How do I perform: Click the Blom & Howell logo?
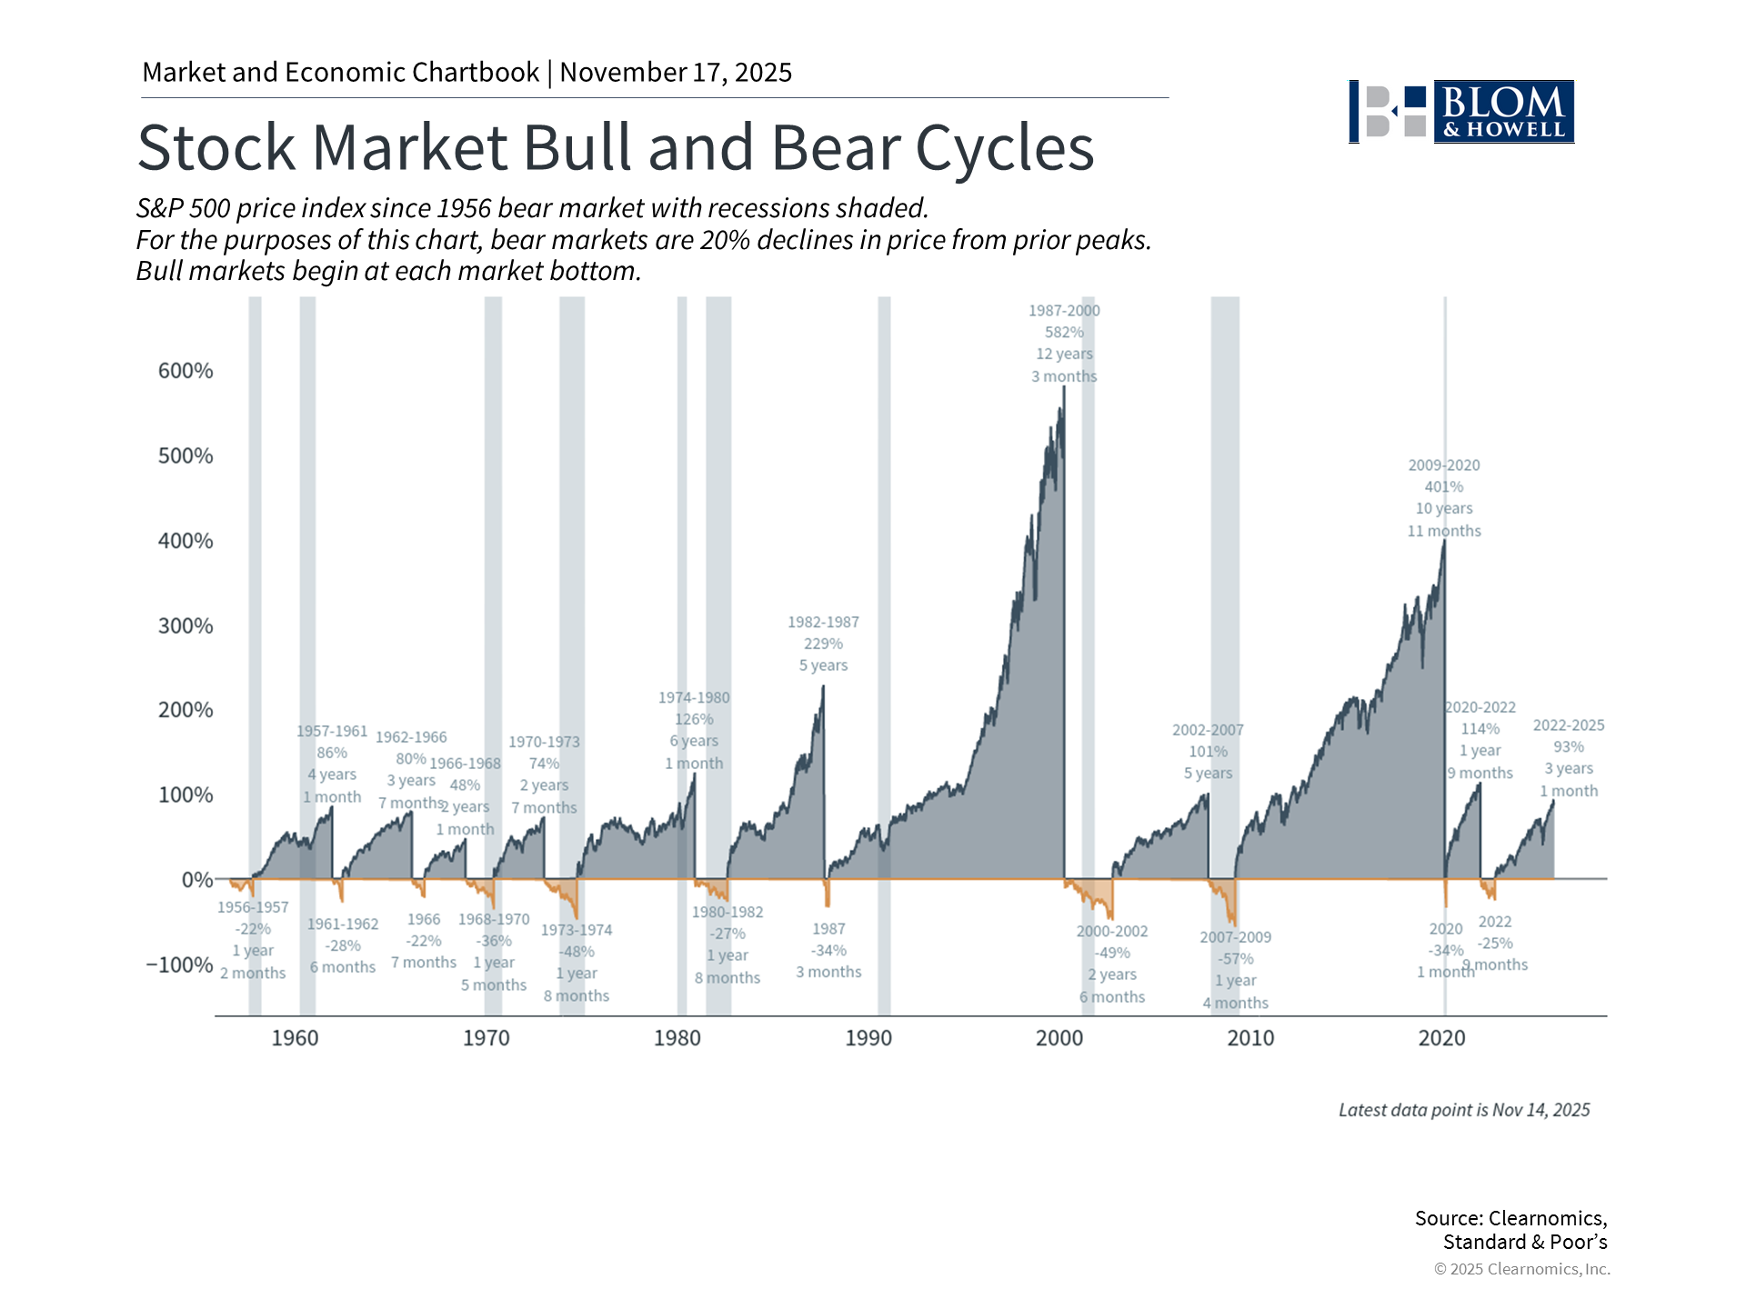tap(1461, 112)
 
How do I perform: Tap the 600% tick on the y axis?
tap(186, 371)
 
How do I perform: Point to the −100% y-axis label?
tap(180, 964)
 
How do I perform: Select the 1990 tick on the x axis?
tap(868, 1038)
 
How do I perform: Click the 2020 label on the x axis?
tap(1441, 1038)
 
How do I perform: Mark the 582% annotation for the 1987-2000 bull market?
tap(1064, 333)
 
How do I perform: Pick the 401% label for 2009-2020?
tap(1444, 487)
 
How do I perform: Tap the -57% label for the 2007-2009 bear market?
tap(1235, 959)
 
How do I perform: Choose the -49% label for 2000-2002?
tap(1112, 953)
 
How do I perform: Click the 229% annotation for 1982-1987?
tap(823, 644)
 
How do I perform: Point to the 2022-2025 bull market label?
tap(1569, 725)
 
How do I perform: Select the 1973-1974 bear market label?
tap(577, 930)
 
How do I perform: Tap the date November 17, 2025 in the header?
tap(676, 73)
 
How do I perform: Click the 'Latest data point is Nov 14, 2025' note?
tap(1464, 1110)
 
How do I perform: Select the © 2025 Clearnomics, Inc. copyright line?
tap(1521, 1269)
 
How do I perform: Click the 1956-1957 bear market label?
tap(253, 907)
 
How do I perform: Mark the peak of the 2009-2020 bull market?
tap(1444, 543)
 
